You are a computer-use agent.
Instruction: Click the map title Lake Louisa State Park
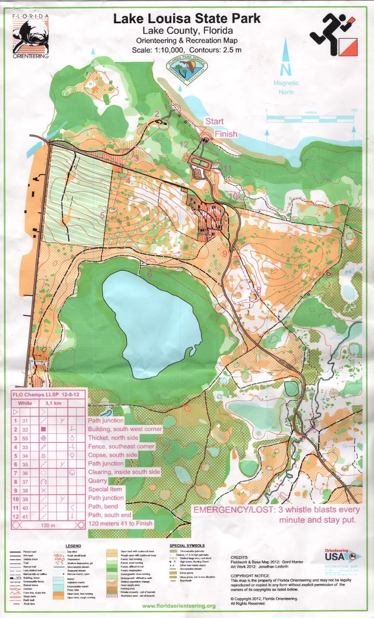pos(187,18)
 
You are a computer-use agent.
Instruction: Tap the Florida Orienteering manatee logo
pos(31,36)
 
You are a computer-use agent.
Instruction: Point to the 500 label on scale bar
pos(354,110)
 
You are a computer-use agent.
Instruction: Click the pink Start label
pos(214,121)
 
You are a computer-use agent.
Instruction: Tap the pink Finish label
pos(226,134)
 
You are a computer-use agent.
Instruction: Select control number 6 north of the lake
pos(149,274)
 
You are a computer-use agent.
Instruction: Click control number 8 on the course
pos(258,289)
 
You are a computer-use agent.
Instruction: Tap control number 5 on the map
pos(102,216)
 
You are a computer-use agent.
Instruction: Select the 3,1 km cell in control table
pos(53,403)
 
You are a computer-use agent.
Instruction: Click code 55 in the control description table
pos(25,438)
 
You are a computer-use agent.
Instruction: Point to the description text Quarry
pos(97,480)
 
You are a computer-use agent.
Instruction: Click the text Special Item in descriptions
pos(105,489)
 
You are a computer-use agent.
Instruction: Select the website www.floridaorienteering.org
pos(179,606)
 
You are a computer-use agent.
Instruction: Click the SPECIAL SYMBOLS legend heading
pos(187,545)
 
